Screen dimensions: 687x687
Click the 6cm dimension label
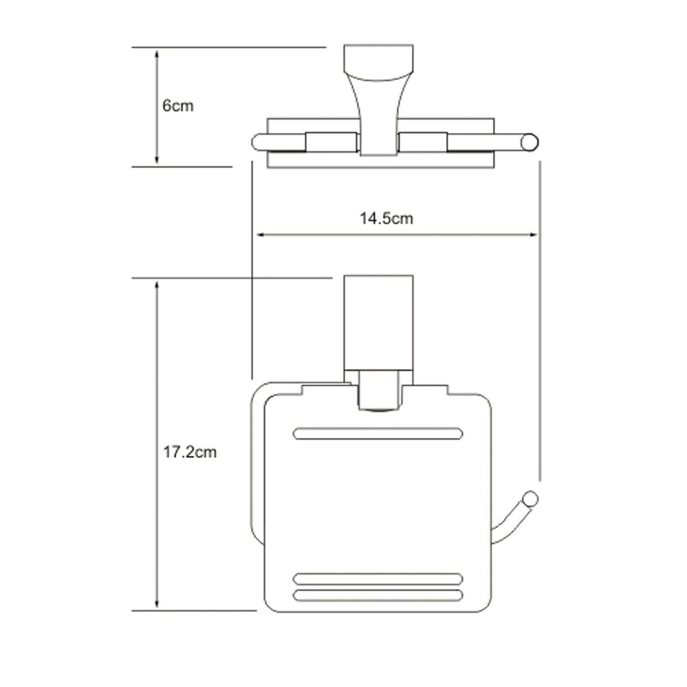click(x=178, y=106)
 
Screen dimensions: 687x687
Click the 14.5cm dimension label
click(x=386, y=218)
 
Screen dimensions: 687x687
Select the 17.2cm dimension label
click(x=189, y=452)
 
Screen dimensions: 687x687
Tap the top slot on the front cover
click(x=378, y=433)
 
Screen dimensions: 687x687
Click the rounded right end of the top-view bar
click(x=530, y=143)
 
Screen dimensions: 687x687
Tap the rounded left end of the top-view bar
click(x=258, y=143)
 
